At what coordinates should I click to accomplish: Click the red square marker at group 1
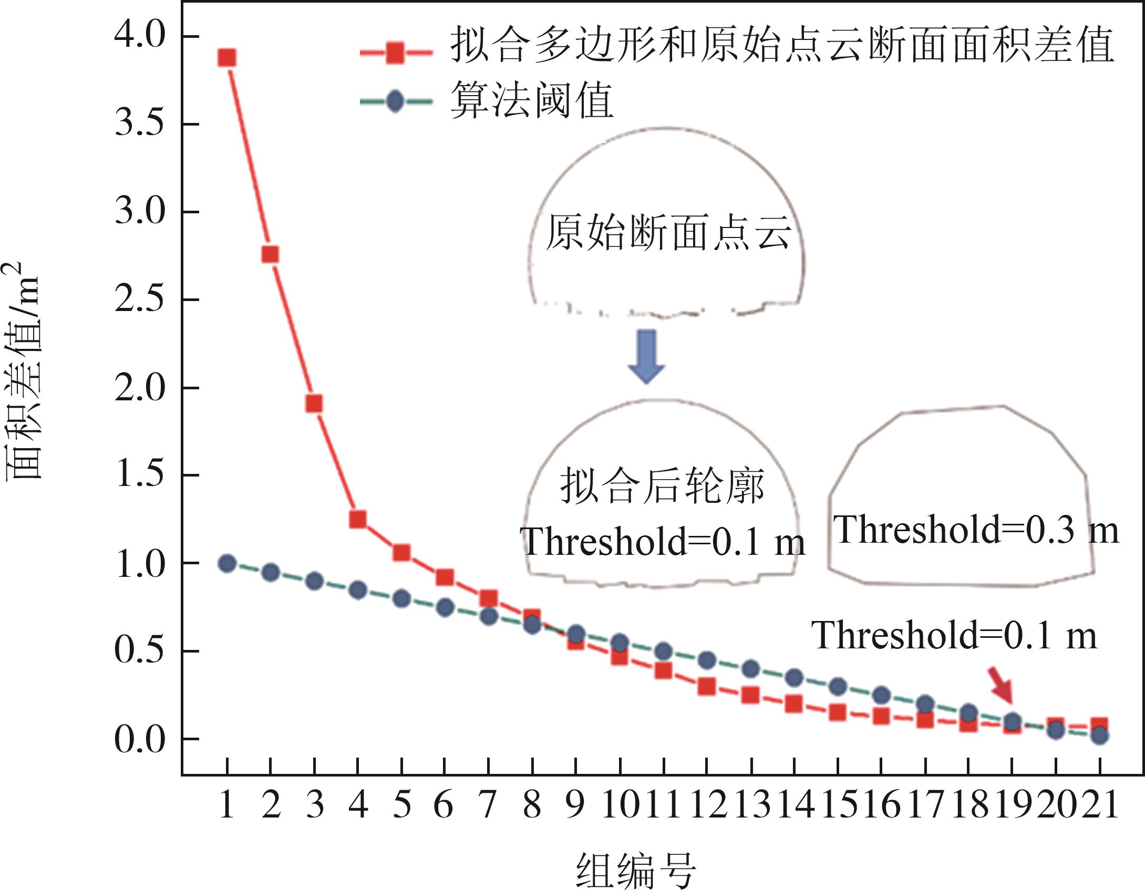[x=227, y=57]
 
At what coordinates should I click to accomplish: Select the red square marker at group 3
[x=314, y=403]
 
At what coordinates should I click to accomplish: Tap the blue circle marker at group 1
[x=227, y=564]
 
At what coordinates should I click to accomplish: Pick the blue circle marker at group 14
[x=794, y=678]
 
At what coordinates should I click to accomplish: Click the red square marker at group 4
[x=358, y=519]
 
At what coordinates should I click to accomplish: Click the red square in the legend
[x=395, y=53]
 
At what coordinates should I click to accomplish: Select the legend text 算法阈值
[x=532, y=101]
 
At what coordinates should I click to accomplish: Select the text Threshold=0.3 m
[x=976, y=529]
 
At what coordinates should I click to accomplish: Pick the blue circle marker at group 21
[x=1100, y=736]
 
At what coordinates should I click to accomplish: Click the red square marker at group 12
[x=707, y=686]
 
